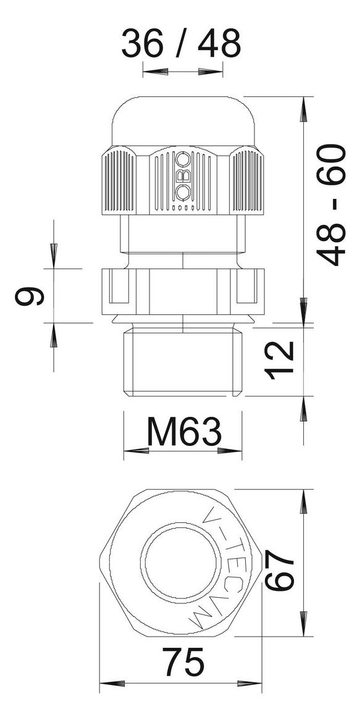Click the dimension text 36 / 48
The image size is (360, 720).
181,43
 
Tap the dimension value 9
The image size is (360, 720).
30,296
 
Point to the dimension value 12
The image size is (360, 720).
281,360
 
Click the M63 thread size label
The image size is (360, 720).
184,432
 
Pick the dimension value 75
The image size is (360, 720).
184,663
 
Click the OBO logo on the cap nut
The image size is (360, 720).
183,177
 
